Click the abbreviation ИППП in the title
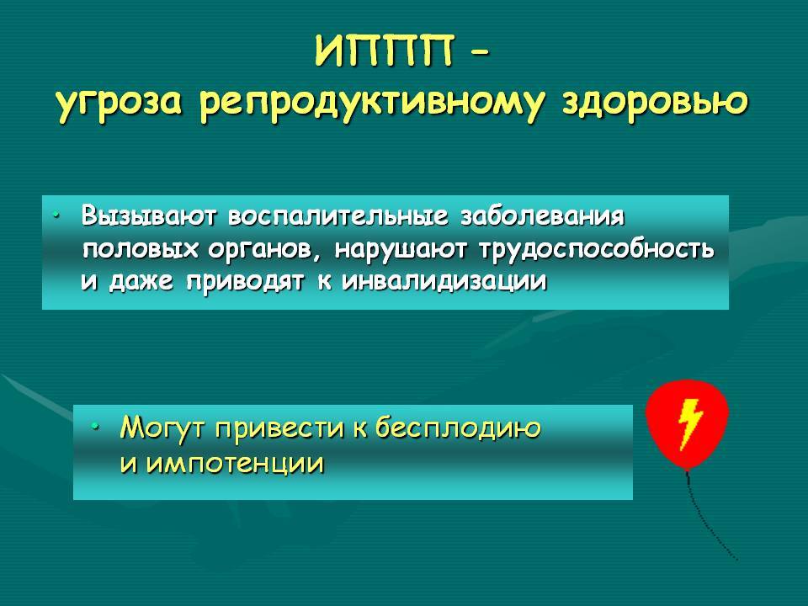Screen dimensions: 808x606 point(384,50)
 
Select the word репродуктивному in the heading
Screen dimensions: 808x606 point(371,103)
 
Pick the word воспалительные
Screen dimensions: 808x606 point(338,216)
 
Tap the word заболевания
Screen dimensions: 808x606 point(543,216)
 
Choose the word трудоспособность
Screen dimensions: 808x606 point(597,250)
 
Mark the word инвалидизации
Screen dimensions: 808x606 point(444,282)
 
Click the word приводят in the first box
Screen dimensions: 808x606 point(244,283)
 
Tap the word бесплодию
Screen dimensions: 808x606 point(458,428)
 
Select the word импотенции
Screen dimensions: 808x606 point(235,464)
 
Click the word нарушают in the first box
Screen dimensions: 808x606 point(401,250)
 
